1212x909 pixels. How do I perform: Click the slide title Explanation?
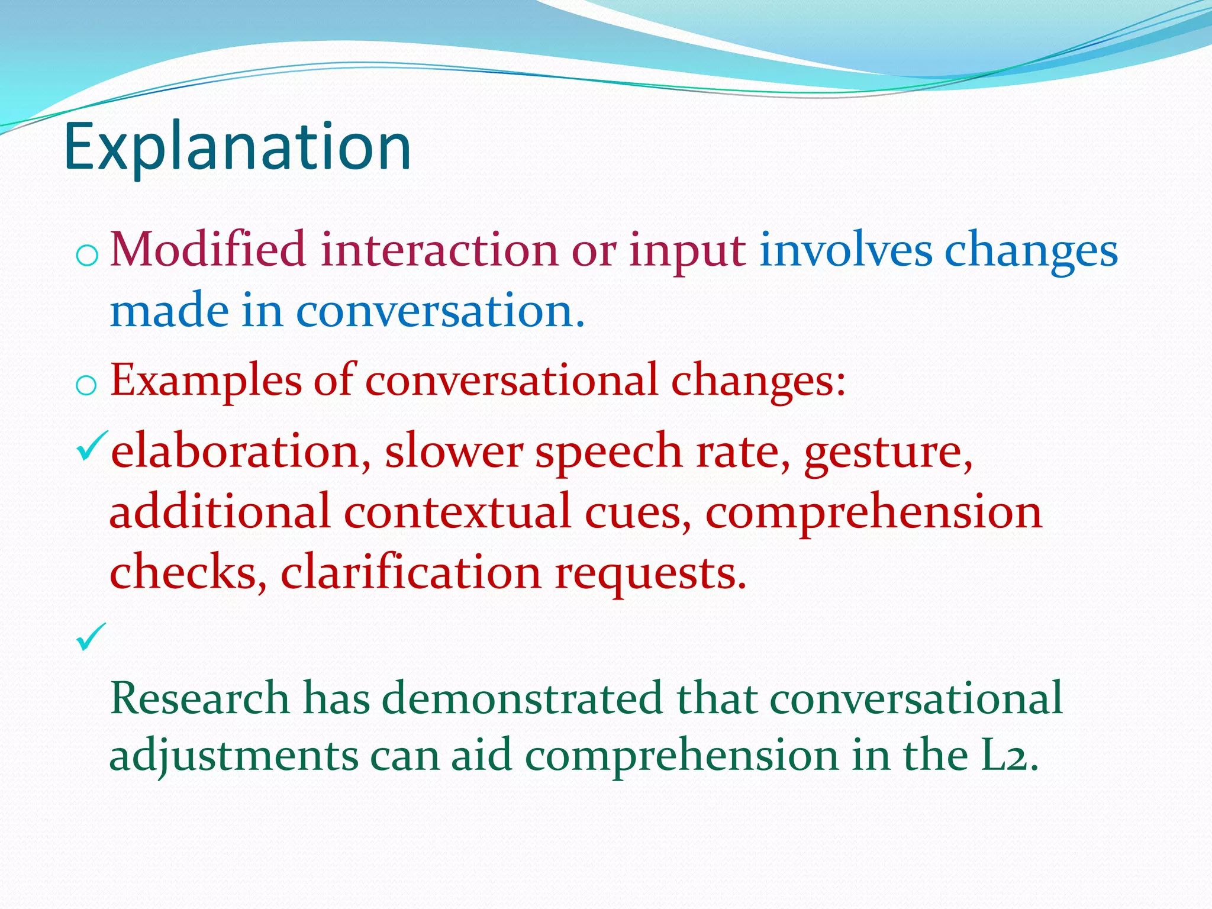click(237, 147)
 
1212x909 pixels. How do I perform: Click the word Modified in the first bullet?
click(208, 250)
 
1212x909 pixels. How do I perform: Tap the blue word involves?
click(846, 250)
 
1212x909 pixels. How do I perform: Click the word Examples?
click(205, 381)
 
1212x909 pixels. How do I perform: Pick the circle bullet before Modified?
click(86, 256)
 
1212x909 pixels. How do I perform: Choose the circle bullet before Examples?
click(86, 386)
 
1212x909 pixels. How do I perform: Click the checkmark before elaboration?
click(91, 447)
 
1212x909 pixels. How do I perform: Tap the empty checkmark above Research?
click(91, 637)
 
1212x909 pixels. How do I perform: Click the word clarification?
click(411, 572)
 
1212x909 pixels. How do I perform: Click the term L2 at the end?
click(1004, 756)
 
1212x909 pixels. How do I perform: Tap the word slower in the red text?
click(453, 452)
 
